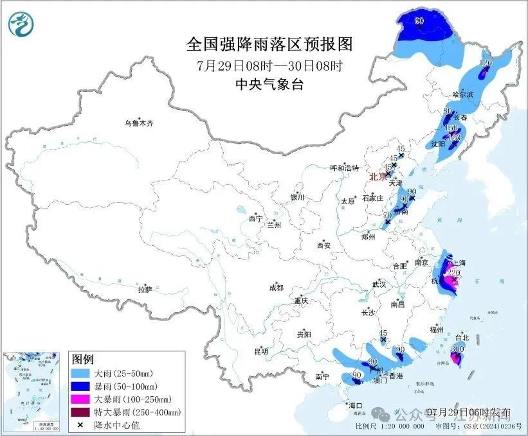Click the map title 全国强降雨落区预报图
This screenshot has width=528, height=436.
[x=269, y=44]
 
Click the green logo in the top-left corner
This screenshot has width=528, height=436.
[x=21, y=25]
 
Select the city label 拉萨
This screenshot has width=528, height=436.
[x=144, y=289]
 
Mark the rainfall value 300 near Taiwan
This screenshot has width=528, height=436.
[x=457, y=349]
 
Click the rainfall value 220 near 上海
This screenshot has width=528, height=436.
[x=453, y=273]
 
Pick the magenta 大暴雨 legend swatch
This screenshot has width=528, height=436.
[x=80, y=399]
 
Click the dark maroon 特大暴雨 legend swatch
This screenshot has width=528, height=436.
[x=80, y=412]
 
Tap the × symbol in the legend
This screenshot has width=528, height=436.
[x=80, y=424]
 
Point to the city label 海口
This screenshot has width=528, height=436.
[x=356, y=405]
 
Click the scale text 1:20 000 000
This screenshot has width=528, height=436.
[x=399, y=426]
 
